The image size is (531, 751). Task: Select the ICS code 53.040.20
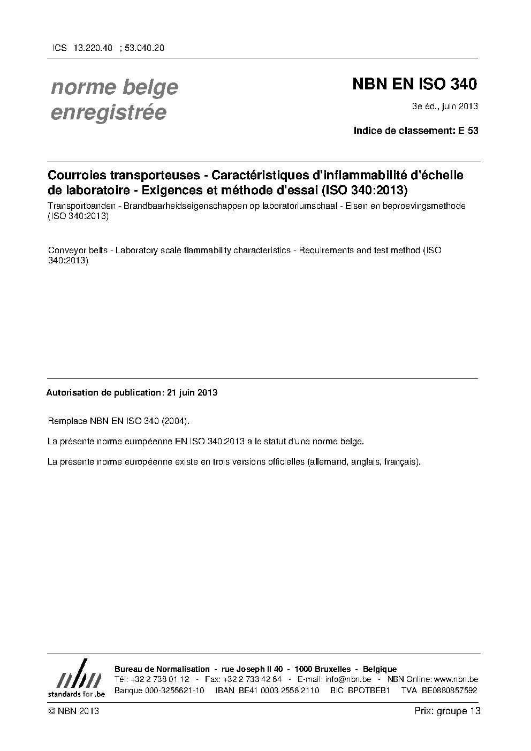pyautogui.click(x=145, y=48)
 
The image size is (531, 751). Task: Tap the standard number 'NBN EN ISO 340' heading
pyautogui.click(x=414, y=85)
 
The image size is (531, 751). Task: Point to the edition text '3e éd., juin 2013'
pyautogui.click(x=444, y=106)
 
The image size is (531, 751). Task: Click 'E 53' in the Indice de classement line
pyautogui.click(x=468, y=130)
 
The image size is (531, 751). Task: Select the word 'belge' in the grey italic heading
pyautogui.click(x=150, y=87)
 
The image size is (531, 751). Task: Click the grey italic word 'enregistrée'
pyautogui.click(x=108, y=113)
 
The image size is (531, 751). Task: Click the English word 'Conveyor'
pyautogui.click(x=66, y=251)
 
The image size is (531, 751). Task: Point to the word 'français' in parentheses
pyautogui.click(x=401, y=461)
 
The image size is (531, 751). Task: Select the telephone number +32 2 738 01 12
pyautogui.click(x=160, y=679)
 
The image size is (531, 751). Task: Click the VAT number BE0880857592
pyautogui.click(x=450, y=690)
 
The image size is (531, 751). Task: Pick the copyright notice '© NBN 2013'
pyautogui.click(x=73, y=711)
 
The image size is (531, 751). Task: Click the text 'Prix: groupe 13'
pyautogui.click(x=447, y=711)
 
